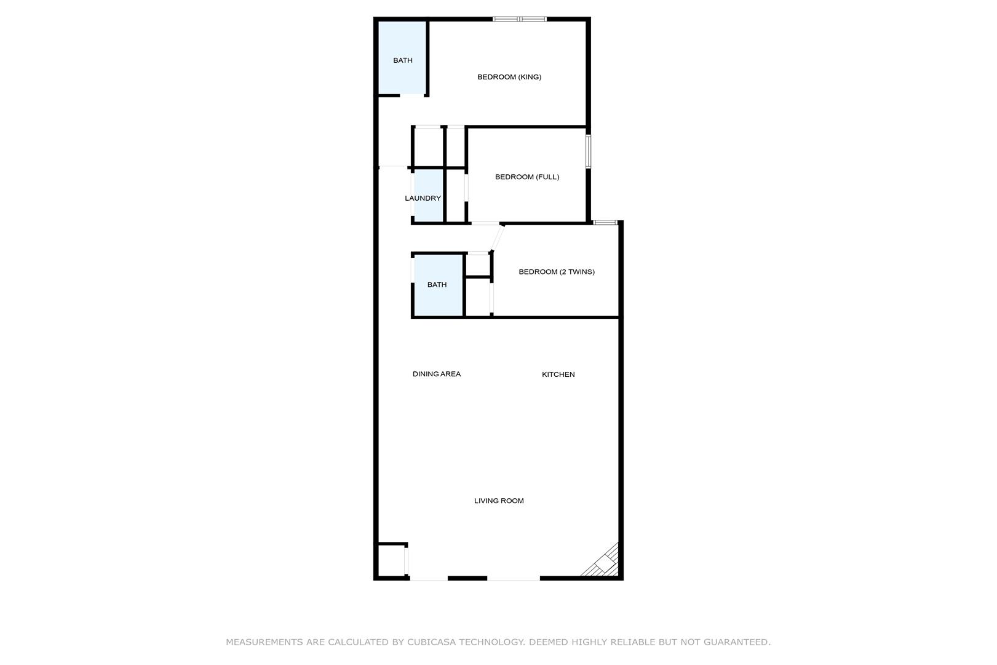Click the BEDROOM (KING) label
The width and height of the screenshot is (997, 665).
pyautogui.click(x=509, y=77)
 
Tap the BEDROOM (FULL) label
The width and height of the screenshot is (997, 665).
pyautogui.click(x=527, y=177)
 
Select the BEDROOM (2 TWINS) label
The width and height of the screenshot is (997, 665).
pyautogui.click(x=557, y=272)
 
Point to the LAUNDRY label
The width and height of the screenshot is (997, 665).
pyautogui.click(x=423, y=198)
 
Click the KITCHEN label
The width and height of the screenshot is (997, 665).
pyautogui.click(x=558, y=374)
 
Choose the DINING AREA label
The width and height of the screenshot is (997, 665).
pyautogui.click(x=437, y=374)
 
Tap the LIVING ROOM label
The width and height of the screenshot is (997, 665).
pyautogui.click(x=499, y=501)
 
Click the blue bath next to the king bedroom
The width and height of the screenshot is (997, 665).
pyautogui.click(x=402, y=58)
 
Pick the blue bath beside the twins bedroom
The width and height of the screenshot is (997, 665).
pyautogui.click(x=438, y=285)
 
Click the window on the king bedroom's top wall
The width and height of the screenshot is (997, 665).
pyautogui.click(x=520, y=19)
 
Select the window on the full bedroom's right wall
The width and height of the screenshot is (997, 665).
pyautogui.click(x=588, y=151)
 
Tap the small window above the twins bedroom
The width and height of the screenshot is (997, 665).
pyautogui.click(x=605, y=222)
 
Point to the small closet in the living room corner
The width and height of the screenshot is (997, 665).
pyautogui.click(x=391, y=560)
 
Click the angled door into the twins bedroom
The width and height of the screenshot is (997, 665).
pyautogui.click(x=497, y=238)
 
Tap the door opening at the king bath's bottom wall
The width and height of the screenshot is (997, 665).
pyautogui.click(x=412, y=95)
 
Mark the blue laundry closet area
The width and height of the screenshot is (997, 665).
pyautogui.click(x=429, y=195)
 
